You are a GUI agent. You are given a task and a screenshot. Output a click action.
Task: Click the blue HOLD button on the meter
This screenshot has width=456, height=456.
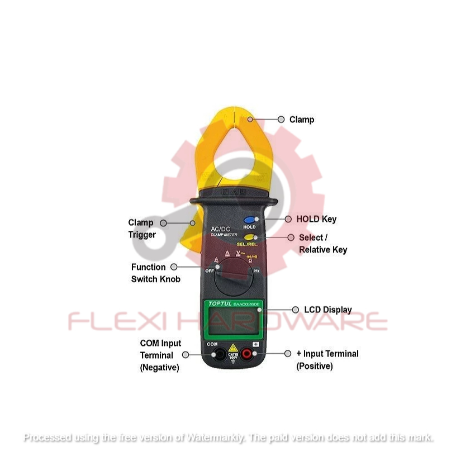249,220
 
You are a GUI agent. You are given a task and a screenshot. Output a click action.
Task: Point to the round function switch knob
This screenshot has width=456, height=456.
234,279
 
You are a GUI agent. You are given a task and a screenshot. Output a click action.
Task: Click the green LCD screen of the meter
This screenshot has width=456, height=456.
234,322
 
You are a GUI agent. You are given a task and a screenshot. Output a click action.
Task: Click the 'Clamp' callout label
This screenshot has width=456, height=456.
302,120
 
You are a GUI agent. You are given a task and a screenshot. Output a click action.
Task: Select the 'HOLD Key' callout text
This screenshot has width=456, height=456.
316,220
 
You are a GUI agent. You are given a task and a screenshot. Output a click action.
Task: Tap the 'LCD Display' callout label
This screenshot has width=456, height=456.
327,310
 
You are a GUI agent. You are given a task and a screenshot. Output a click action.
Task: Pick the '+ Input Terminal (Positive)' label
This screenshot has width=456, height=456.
327,360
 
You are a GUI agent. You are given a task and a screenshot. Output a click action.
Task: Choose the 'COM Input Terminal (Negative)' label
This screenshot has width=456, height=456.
160,355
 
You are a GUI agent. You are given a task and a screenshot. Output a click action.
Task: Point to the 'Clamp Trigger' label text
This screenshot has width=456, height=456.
141,229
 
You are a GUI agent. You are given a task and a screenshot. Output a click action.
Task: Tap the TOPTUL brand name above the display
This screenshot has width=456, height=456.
219,303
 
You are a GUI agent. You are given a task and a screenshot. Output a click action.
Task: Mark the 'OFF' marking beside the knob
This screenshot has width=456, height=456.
210,271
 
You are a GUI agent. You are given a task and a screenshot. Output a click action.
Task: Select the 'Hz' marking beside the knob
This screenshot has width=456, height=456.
258,271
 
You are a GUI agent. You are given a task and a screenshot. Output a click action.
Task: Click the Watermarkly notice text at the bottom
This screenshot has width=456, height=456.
228,438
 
